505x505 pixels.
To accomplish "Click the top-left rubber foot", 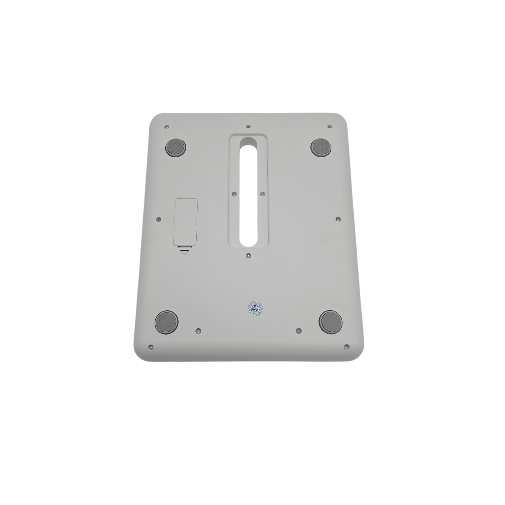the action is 176,147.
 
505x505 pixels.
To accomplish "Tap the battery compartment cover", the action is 186,222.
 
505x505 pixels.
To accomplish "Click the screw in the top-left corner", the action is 167,127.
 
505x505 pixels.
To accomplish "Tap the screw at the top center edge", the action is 248,126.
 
